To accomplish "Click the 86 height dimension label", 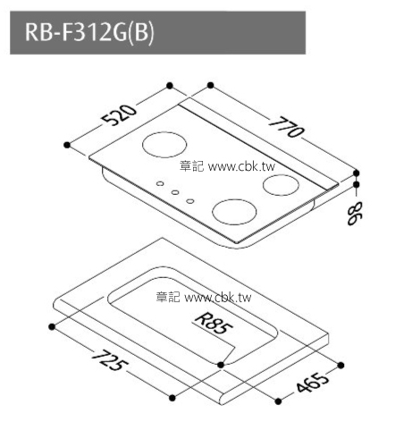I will [x=357, y=215].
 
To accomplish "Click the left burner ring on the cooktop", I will [x=160, y=146].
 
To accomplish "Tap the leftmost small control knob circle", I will [x=161, y=185].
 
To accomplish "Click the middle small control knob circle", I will [x=176, y=192].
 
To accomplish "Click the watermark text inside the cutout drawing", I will [x=204, y=297].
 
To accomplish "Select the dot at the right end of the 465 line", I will [x=340, y=364].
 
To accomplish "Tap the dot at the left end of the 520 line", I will [x=67, y=143].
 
